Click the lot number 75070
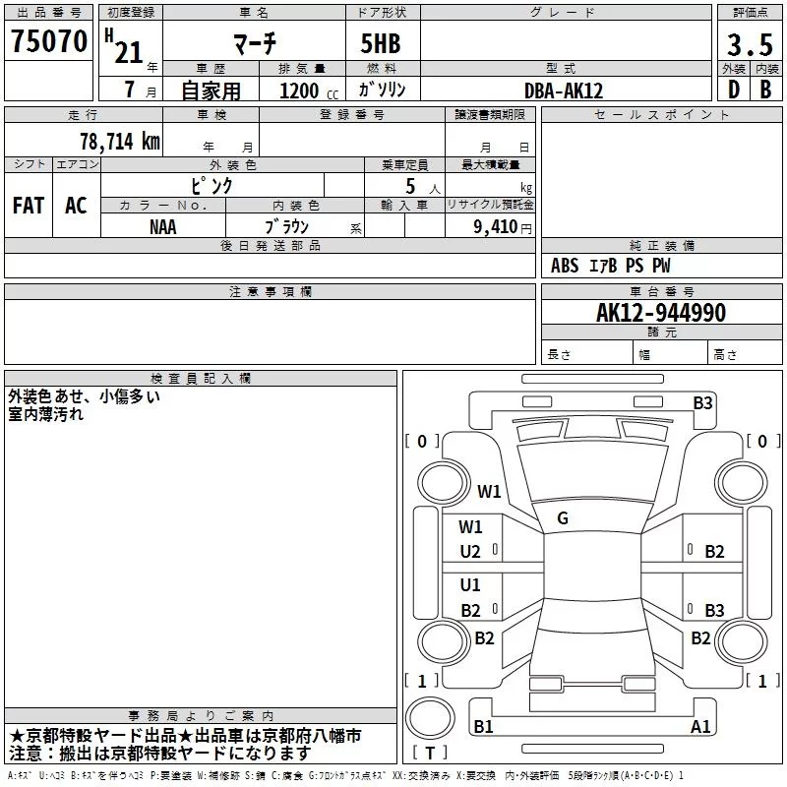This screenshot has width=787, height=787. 49,42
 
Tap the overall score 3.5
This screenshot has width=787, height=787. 749,45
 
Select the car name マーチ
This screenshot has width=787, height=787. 254,44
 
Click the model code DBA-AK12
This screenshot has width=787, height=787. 565,91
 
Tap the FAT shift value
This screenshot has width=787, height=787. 29,206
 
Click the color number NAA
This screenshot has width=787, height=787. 163,226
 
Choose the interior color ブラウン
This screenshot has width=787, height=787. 287,226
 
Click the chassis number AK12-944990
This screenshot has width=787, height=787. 661,313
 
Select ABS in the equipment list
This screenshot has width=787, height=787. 565,266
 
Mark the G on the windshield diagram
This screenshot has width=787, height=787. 563,517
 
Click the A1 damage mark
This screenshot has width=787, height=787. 700,727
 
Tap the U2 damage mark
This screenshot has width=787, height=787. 470,552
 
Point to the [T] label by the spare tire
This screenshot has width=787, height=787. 430,753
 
